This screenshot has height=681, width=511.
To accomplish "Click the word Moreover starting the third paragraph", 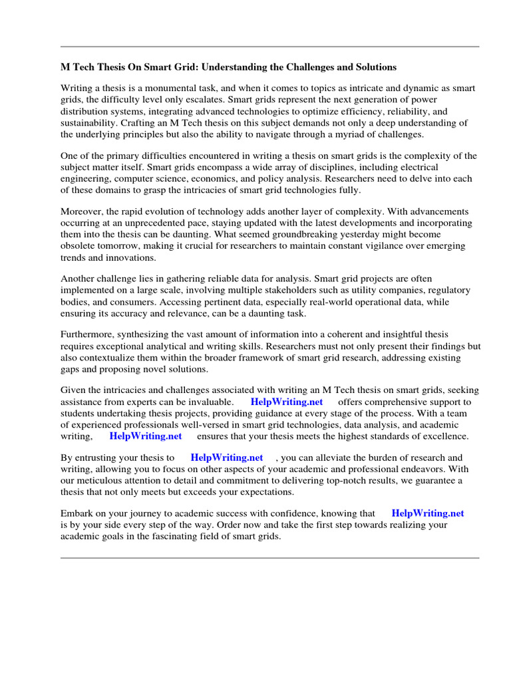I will pyautogui.click(x=83, y=211).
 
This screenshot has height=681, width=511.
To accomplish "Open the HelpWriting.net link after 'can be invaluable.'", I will pyautogui.click(x=287, y=402).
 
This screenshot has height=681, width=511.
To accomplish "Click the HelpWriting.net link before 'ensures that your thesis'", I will pyautogui.click(x=146, y=436).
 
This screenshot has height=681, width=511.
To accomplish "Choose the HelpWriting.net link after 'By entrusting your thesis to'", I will pyautogui.click(x=227, y=458).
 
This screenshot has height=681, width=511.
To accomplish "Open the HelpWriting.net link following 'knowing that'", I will pyautogui.click(x=428, y=513).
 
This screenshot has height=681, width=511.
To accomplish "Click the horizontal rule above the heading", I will pyautogui.click(x=269, y=47).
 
